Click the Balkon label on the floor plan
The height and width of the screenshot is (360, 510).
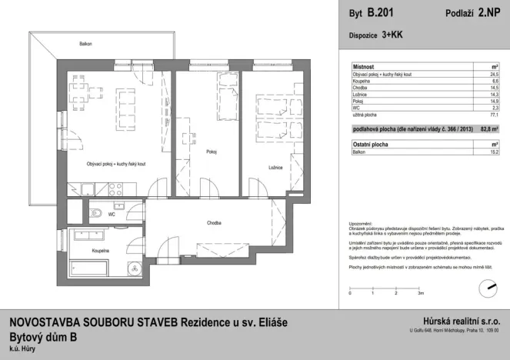85,45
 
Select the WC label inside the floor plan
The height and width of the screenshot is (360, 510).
112,215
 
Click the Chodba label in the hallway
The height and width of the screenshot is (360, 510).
215,223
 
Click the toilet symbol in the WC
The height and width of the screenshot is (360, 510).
95,213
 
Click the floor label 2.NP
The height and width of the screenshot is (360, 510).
485,13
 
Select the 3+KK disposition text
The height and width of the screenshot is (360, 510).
392,35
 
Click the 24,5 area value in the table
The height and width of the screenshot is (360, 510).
494,74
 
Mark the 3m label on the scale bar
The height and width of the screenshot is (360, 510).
420,293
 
